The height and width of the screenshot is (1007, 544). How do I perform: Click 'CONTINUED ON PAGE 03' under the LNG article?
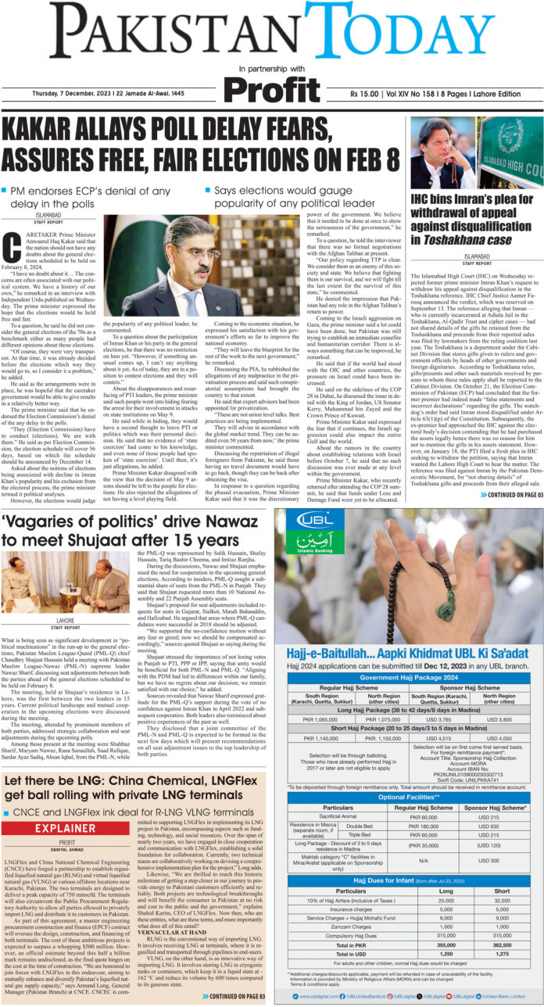(234, 996)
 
